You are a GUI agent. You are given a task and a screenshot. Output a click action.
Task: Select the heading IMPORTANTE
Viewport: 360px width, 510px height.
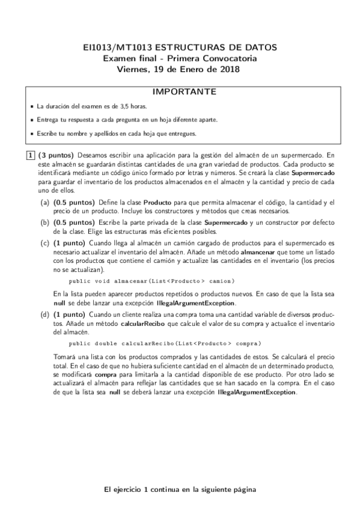(180, 92)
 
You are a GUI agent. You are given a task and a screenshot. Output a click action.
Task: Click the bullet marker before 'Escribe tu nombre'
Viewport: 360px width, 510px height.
(31, 133)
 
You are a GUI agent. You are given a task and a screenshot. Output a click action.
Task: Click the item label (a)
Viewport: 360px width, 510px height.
(44, 203)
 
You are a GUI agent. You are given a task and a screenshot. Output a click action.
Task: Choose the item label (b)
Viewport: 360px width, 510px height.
(44, 223)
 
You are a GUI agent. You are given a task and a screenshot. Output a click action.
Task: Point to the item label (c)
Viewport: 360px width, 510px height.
(44, 242)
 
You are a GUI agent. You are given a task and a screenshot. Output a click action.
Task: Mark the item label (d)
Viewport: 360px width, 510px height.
(44, 315)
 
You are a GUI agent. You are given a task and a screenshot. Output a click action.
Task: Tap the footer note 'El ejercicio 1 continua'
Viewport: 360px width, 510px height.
(180, 490)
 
